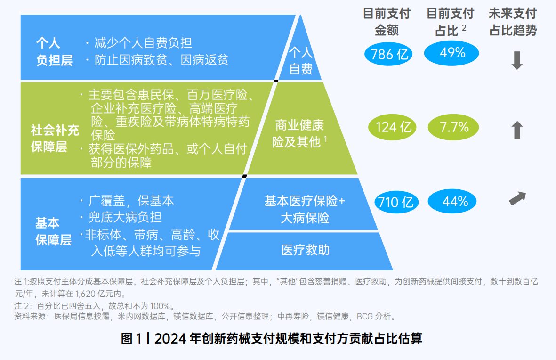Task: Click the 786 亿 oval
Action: tap(389, 54)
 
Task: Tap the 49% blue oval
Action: tap(451, 53)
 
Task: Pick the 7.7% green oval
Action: tap(454, 127)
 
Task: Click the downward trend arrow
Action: tap(517, 60)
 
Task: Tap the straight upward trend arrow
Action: tap(517, 130)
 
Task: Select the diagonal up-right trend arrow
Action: tap(517, 198)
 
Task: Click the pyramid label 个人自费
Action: tap(301, 60)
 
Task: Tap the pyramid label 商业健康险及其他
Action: tap(300, 133)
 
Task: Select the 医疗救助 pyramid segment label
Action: tap(305, 250)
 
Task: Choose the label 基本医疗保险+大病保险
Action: tap(305, 209)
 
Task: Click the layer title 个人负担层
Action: tap(54, 52)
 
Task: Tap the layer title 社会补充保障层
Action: tap(55, 138)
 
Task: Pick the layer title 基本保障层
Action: tap(53, 231)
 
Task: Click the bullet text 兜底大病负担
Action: tap(125, 217)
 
